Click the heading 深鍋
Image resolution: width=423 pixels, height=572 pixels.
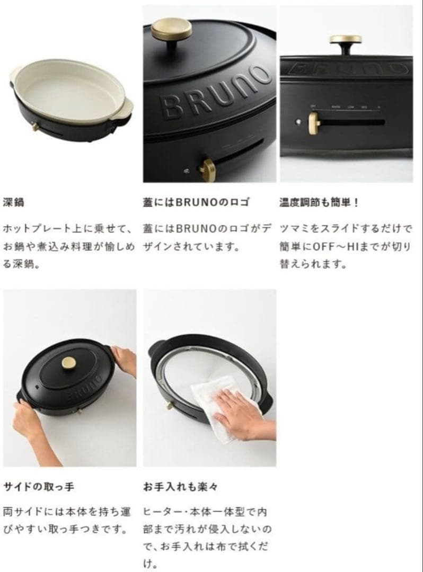coord(13,202)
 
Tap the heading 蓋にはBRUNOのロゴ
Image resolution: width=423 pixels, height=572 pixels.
coord(196,202)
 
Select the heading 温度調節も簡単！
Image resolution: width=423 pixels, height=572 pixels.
coord(319,202)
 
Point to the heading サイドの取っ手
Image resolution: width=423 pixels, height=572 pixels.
coord(39,487)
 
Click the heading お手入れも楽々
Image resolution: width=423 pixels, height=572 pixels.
coord(181,487)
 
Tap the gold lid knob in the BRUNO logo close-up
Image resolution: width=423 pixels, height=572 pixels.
coord(172,30)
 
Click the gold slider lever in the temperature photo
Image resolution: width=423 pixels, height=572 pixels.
coord(313,122)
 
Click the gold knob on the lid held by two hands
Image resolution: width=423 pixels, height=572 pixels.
coord(68,363)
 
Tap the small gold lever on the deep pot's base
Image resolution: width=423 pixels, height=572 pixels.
coord(36,127)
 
